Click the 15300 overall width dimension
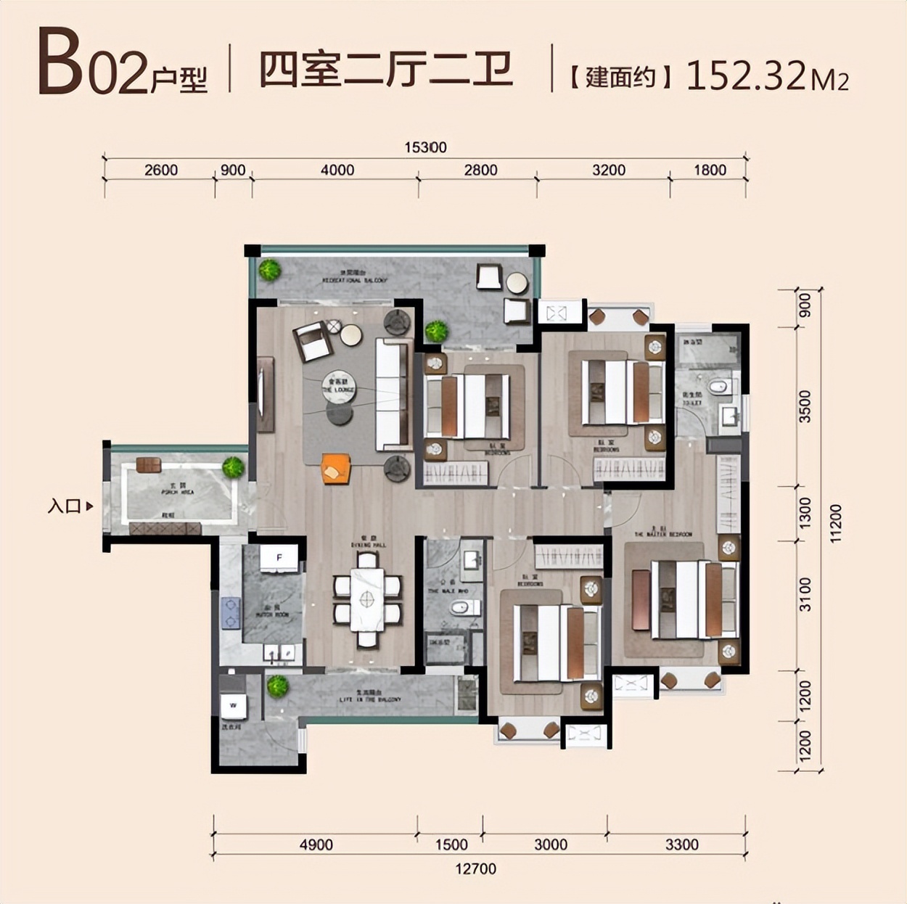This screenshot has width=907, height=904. click(425, 147)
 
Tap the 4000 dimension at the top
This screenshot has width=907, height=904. click(337, 170)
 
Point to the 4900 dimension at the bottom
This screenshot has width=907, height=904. click(316, 845)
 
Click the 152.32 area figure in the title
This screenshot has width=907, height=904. click(747, 75)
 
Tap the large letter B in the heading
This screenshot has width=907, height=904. click(60, 63)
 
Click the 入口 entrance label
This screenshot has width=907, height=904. click(65, 506)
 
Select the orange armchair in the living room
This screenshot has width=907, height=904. click(336, 469)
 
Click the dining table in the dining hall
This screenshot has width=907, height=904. click(367, 599)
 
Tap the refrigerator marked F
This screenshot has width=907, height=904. click(279, 558)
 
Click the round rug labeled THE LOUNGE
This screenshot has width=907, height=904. click(339, 387)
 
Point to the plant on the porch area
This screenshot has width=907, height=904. click(233, 467)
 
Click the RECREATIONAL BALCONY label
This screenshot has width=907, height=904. click(354, 279)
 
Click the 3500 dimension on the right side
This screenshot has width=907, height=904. click(804, 406)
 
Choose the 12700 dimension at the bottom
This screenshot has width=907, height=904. click(475, 868)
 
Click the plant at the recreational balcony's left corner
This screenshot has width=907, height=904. click(269, 271)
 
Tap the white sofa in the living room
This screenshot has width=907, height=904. click(393, 395)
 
